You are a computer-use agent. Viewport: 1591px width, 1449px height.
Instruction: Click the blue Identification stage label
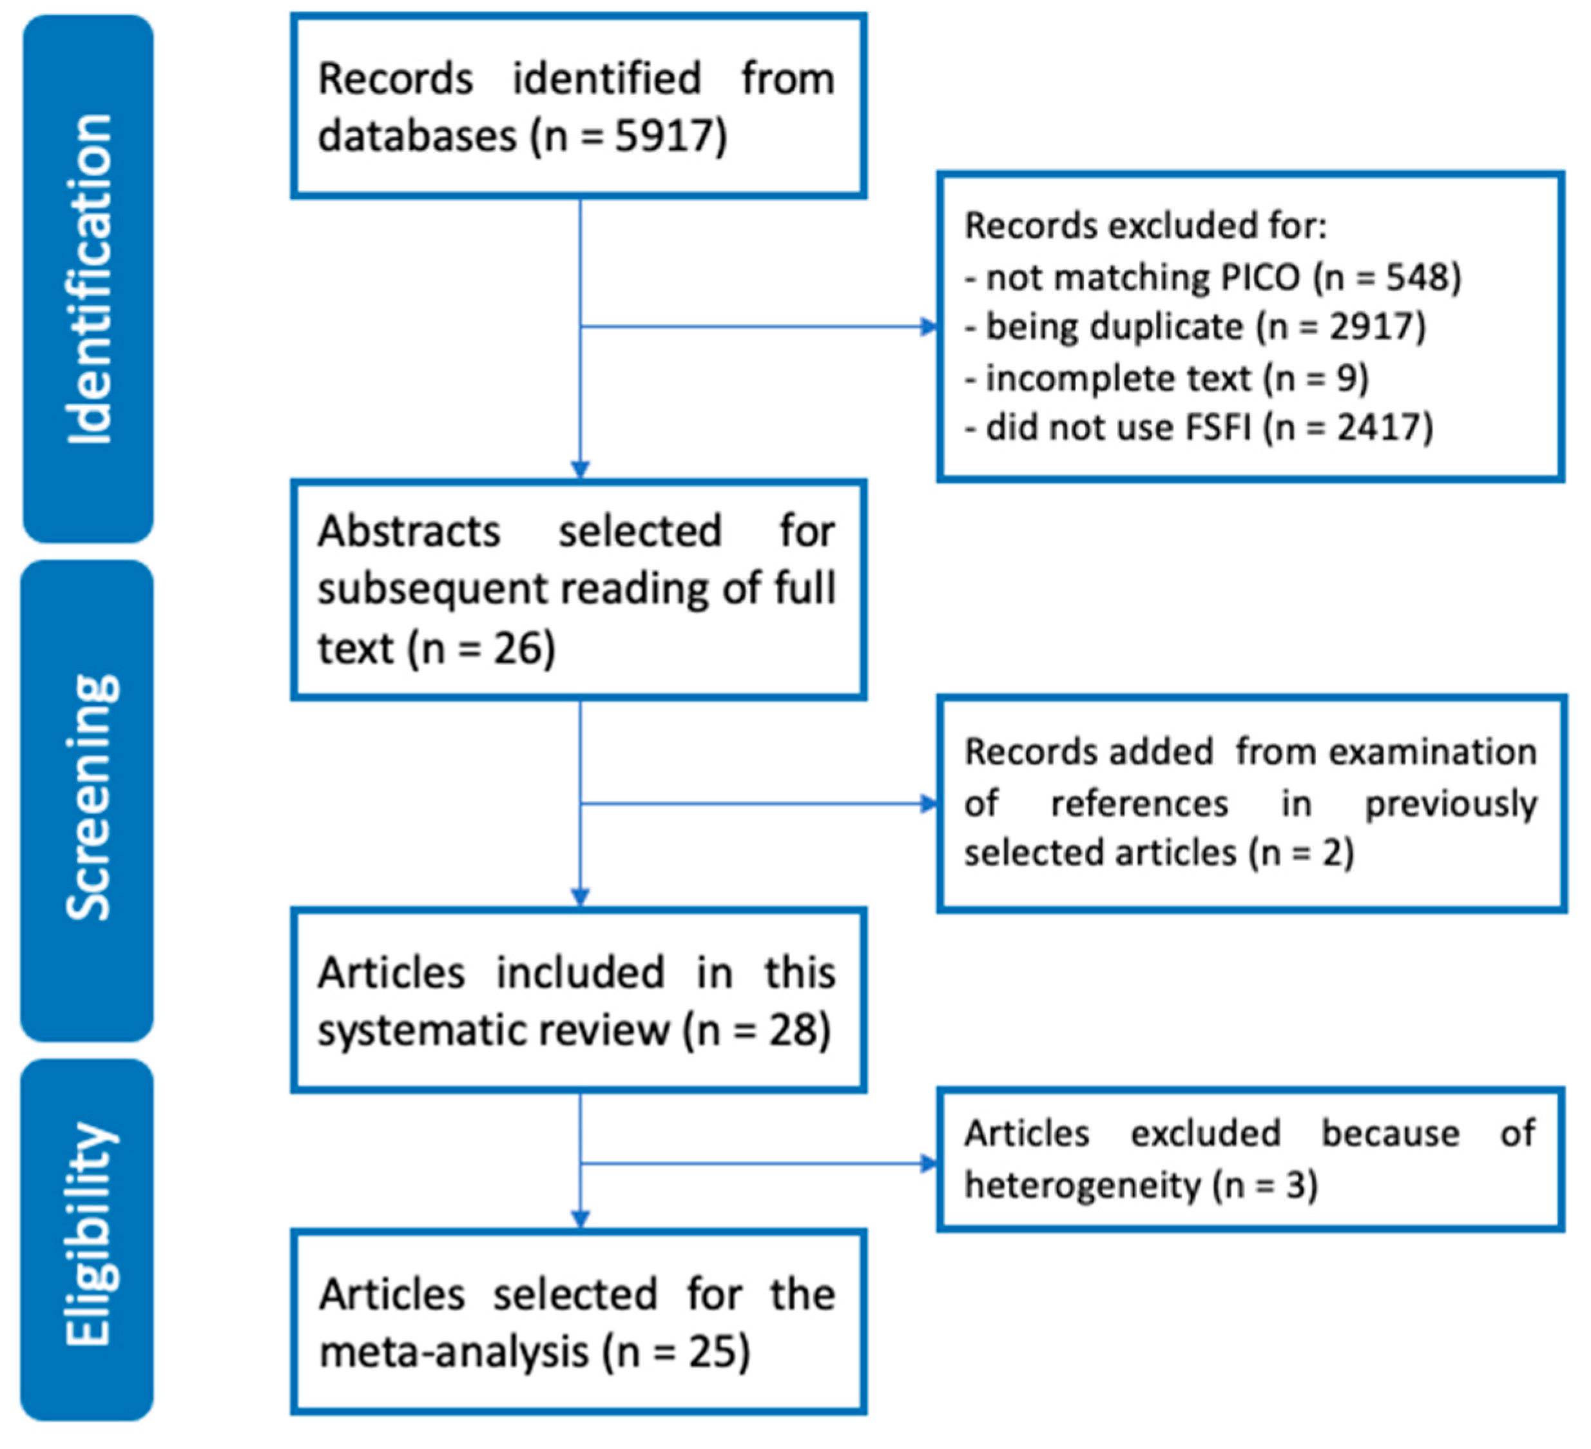click(x=88, y=278)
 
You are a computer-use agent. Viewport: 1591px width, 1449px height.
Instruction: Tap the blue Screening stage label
click(x=88, y=799)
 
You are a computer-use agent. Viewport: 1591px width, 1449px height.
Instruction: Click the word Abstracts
click(x=409, y=530)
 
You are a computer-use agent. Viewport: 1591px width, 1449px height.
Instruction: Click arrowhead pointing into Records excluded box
click(x=930, y=327)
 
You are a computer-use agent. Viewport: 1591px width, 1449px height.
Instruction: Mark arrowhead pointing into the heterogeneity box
click(x=930, y=1163)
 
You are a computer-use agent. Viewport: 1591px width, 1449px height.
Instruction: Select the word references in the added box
click(x=1139, y=803)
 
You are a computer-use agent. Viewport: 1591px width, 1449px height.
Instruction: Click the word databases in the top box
click(x=417, y=136)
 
